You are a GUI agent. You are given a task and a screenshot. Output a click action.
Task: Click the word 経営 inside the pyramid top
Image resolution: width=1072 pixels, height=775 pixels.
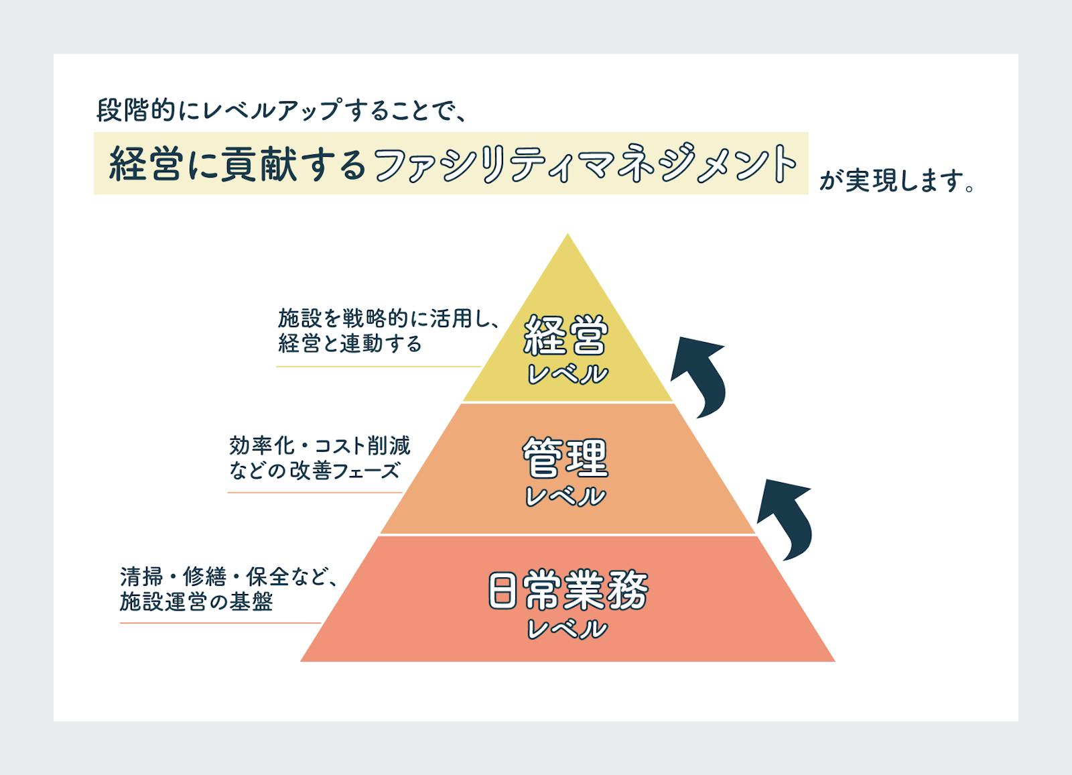[566, 335]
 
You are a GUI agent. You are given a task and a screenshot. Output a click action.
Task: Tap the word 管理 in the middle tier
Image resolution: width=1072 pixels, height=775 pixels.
[566, 459]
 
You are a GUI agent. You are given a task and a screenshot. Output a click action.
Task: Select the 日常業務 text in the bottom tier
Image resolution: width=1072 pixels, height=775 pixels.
[567, 591]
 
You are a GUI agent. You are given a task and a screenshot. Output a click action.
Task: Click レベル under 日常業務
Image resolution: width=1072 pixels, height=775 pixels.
[567, 630]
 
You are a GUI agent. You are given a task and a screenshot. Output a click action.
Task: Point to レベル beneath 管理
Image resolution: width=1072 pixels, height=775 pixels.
[566, 497]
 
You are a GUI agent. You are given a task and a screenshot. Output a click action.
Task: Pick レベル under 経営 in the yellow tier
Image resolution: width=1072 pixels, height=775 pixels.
[567, 374]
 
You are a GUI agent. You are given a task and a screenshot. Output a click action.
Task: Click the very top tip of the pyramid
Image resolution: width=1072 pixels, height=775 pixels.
[567, 236]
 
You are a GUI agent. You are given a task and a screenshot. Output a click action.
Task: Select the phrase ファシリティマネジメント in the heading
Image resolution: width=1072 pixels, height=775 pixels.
[585, 164]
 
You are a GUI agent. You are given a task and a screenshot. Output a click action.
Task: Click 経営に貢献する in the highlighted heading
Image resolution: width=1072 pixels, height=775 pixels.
[237, 164]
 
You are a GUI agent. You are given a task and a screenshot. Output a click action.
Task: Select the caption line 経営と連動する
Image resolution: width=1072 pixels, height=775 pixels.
[350, 344]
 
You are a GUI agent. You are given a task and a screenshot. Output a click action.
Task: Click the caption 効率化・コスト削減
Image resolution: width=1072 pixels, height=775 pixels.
[320, 445]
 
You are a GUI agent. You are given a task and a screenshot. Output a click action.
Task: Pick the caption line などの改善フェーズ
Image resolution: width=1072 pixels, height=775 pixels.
[314, 471]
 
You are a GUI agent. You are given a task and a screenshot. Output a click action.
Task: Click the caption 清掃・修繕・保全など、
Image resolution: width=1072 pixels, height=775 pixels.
[228, 577]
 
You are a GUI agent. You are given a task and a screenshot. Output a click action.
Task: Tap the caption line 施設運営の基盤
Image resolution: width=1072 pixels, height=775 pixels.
[196, 602]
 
